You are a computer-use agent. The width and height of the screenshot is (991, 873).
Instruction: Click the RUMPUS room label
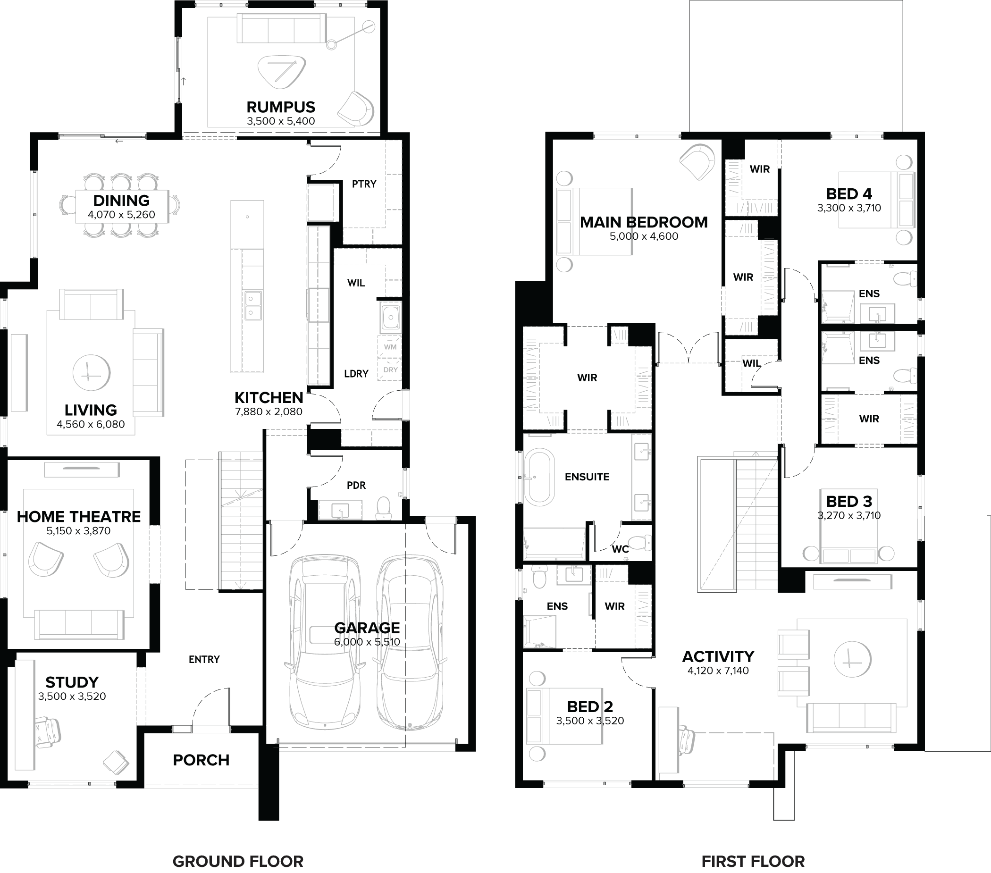(x=281, y=107)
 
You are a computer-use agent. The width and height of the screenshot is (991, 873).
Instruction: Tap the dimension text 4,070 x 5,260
(x=121, y=215)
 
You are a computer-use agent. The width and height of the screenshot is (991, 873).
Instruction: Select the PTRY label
(x=364, y=184)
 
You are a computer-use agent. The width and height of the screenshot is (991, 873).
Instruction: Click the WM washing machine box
(x=390, y=347)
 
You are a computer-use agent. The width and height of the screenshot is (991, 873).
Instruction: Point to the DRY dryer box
(x=390, y=369)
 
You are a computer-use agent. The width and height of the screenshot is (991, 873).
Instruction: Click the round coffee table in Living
(x=91, y=373)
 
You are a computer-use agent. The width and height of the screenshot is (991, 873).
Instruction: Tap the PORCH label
(x=201, y=760)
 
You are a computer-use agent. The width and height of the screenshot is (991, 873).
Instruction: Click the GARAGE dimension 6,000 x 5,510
(x=367, y=642)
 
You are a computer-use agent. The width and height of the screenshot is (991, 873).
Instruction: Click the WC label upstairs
(x=620, y=549)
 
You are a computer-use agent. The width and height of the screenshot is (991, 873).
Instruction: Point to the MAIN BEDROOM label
(x=643, y=222)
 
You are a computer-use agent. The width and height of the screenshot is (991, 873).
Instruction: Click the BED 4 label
(x=849, y=194)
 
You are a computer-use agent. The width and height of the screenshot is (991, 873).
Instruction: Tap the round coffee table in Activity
(x=852, y=659)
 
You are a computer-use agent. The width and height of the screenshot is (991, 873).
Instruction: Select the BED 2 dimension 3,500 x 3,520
(x=589, y=721)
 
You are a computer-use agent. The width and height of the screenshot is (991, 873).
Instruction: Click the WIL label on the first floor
(x=751, y=363)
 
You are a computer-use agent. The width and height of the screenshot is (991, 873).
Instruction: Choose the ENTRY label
(x=204, y=659)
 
